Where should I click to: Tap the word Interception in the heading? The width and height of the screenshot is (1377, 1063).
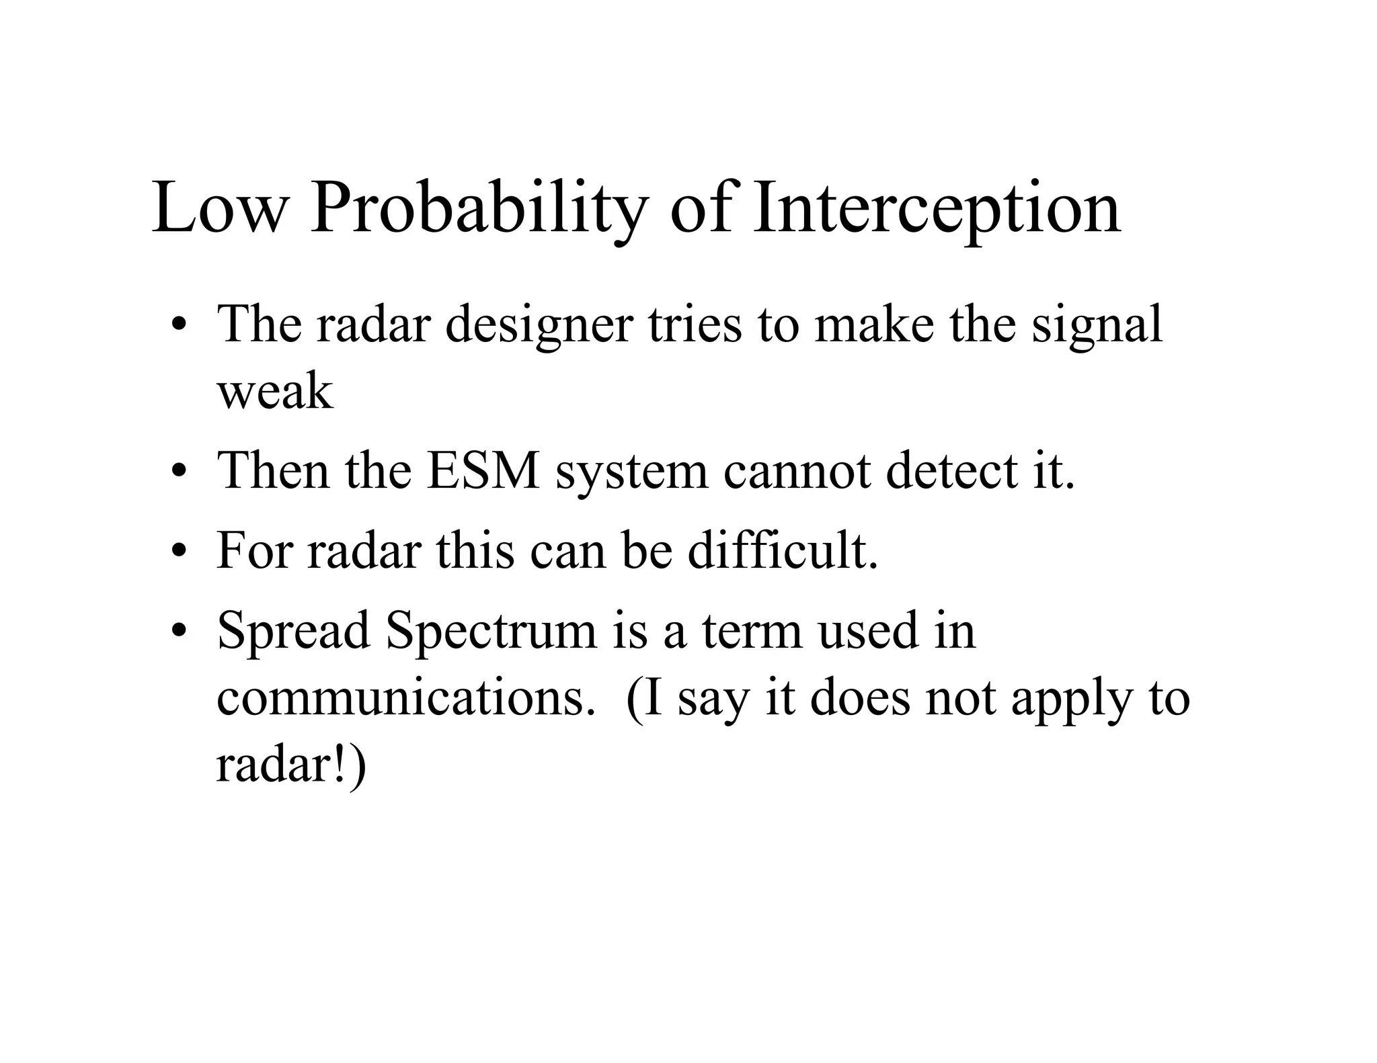[937, 208]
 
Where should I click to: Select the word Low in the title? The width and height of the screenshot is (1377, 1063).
[219, 208]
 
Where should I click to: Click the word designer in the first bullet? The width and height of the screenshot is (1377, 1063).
[539, 325]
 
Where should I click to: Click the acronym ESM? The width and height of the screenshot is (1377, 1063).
[483, 470]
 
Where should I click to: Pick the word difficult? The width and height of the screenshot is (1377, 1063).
[783, 550]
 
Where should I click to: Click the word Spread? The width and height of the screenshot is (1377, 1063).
[294, 630]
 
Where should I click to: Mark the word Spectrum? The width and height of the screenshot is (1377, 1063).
[491, 630]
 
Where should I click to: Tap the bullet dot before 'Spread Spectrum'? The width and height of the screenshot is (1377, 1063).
[178, 632]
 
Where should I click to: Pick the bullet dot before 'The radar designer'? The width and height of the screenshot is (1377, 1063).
[178, 326]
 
